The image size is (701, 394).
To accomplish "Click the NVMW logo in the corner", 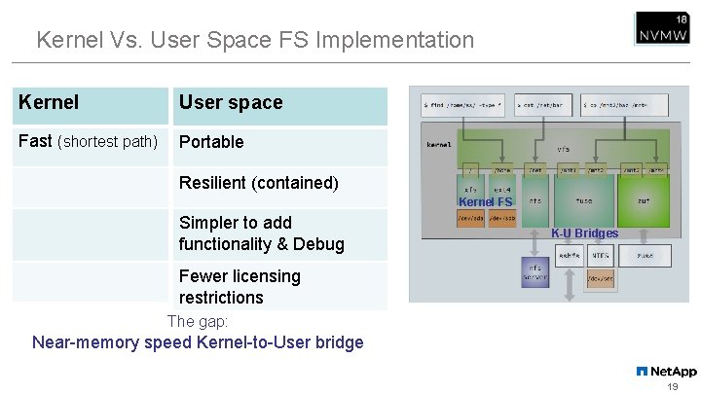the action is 663,28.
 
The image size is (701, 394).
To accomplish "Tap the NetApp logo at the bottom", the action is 667,371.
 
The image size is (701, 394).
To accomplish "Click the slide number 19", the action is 672,386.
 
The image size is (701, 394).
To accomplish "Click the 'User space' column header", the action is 231,102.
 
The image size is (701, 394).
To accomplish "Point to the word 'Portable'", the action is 211,142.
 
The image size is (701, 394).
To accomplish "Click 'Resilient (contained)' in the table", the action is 258,183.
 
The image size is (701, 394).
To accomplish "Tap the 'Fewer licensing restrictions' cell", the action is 240,286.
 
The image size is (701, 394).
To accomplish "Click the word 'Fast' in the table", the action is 35,141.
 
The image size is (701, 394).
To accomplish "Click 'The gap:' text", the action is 198,321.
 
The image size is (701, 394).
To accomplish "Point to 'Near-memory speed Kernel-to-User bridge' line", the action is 198,342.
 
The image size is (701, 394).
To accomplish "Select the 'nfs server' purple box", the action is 535,271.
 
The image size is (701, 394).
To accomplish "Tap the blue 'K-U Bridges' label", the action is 584,233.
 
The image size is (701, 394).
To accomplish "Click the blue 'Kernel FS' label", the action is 485,202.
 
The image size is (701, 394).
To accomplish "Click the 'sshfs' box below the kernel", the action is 570,255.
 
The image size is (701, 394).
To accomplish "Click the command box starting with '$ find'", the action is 462,102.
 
